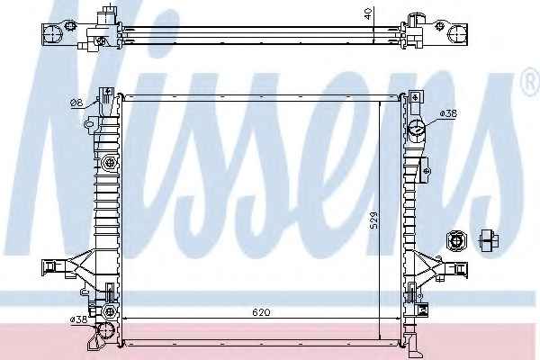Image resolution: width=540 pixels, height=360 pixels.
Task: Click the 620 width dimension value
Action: [x=261, y=312]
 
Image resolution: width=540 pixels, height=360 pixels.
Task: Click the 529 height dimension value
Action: [x=373, y=220]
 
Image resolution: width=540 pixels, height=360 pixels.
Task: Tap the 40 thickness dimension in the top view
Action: [x=368, y=13]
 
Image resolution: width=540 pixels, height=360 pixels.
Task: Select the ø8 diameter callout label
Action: [x=76, y=103]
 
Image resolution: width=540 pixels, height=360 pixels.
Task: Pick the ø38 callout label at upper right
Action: [x=448, y=113]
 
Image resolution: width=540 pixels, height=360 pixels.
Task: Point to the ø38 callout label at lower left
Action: [x=78, y=319]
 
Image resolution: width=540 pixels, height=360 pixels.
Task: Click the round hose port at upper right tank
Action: [x=417, y=130]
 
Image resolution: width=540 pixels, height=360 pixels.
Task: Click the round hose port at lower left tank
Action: [x=105, y=331]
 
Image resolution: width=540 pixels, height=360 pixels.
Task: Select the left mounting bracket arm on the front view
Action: [x=67, y=266]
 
